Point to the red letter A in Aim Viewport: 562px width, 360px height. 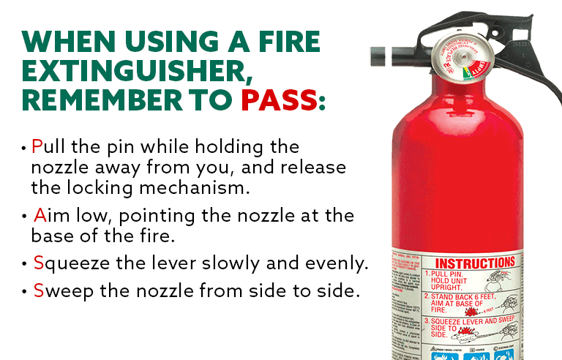[39, 217]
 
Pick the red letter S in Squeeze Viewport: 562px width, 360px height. [38, 263]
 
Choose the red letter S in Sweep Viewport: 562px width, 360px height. [38, 290]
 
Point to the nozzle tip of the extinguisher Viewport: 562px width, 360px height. [376, 53]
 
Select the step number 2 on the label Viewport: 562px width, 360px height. [429, 296]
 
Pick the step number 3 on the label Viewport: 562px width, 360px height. [429, 320]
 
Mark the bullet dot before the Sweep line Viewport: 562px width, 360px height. [25, 291]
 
